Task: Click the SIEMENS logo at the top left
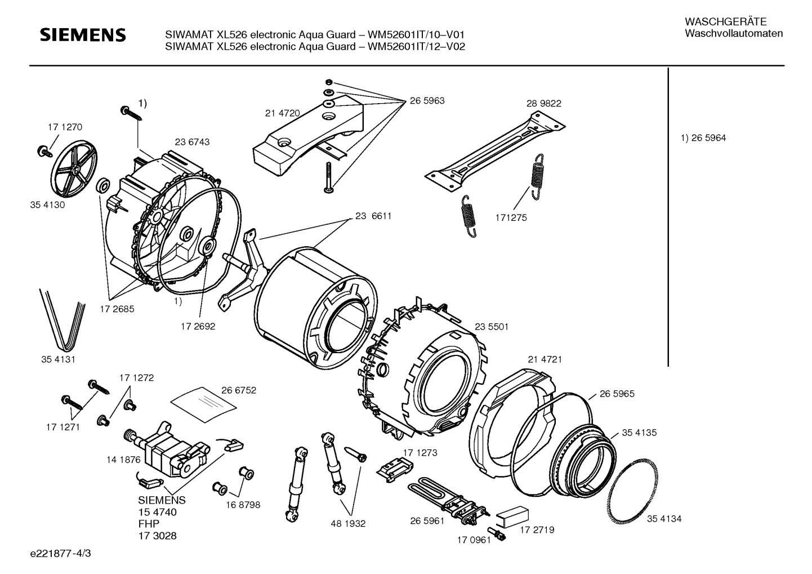point(83,35)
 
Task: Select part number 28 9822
point(544,103)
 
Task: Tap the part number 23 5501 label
point(492,327)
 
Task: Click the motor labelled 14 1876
point(167,451)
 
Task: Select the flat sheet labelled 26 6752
point(203,404)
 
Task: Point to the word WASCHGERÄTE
point(725,22)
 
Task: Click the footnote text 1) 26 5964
point(703,138)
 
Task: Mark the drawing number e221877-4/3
point(61,554)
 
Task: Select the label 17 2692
point(198,326)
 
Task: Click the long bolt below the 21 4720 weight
point(329,177)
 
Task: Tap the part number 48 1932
point(348,524)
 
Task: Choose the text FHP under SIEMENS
point(149,524)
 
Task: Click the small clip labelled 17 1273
point(395,469)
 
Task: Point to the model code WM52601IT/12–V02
point(416,47)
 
